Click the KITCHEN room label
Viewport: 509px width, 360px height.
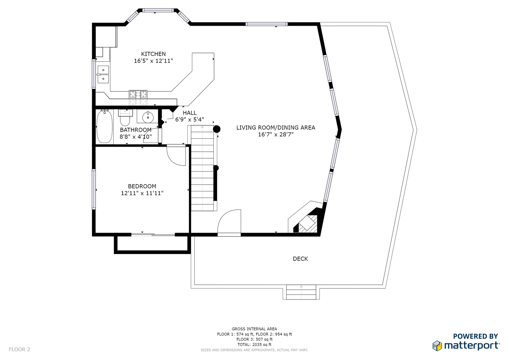pos(153,54)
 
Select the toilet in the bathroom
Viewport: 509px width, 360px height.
pos(125,118)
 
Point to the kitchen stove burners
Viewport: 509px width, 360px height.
pos(138,94)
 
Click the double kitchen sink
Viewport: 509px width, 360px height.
pos(103,74)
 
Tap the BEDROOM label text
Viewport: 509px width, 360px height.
pos(142,186)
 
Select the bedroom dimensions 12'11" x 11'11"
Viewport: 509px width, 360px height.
pos(142,193)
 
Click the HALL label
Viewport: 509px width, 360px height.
pos(190,113)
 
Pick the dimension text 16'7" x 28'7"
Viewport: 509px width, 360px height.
pos(276,135)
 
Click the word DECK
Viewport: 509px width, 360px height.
pos(300,259)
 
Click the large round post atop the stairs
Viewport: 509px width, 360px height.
pos(217,129)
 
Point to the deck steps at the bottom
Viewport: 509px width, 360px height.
pos(301,292)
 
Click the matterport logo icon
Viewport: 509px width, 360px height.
pos(437,346)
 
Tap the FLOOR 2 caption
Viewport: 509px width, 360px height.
pos(19,349)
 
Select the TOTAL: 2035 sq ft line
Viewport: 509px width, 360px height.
pos(255,345)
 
